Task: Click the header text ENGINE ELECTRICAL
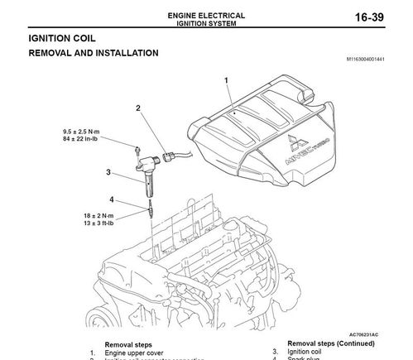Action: [207, 15]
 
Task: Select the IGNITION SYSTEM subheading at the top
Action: [207, 23]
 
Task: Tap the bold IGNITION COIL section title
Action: [62, 39]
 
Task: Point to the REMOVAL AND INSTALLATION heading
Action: [94, 53]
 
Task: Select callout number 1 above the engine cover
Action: [226, 79]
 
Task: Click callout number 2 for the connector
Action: [138, 108]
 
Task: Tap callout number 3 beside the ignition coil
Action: [108, 172]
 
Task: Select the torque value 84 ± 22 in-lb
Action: [82, 139]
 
